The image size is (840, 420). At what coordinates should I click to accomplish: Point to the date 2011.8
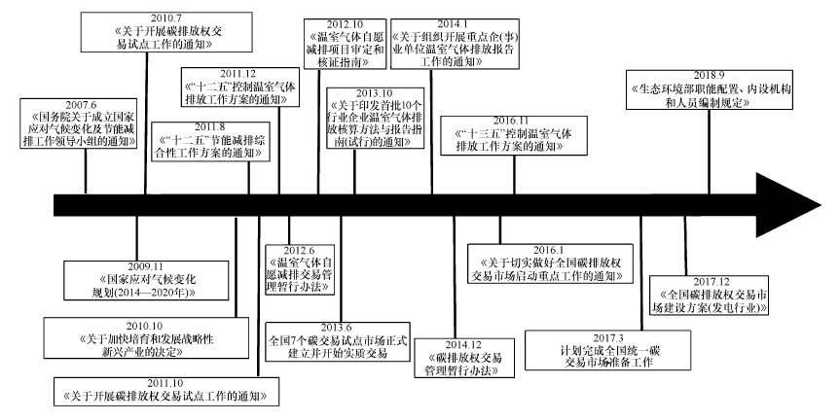click(209, 126)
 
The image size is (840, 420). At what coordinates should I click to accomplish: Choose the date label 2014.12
click(463, 344)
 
